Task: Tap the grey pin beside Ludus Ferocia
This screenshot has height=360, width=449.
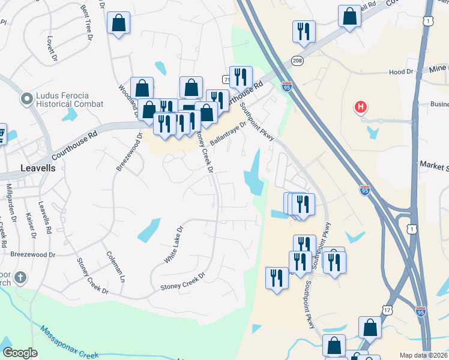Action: click(26, 98)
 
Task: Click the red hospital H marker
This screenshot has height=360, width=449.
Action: click(361, 108)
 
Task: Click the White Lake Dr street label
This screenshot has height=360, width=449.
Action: click(173, 245)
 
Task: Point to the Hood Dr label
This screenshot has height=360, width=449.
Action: click(402, 72)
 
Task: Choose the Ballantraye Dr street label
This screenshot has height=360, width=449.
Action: click(229, 134)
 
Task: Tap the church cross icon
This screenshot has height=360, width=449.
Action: click(20, 277)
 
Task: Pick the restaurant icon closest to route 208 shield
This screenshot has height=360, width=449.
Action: click(304, 31)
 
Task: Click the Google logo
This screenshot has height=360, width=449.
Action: click(20, 353)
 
